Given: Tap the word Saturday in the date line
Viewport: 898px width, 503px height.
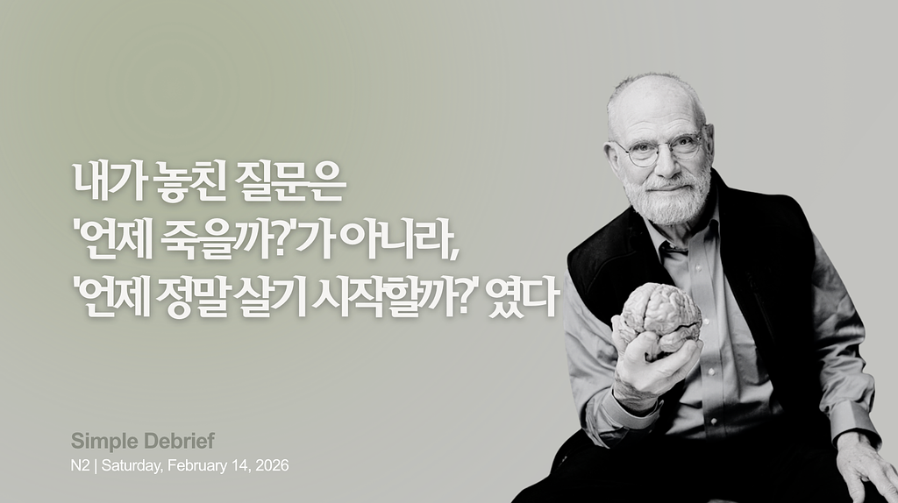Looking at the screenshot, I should pyautogui.click(x=131, y=465).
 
